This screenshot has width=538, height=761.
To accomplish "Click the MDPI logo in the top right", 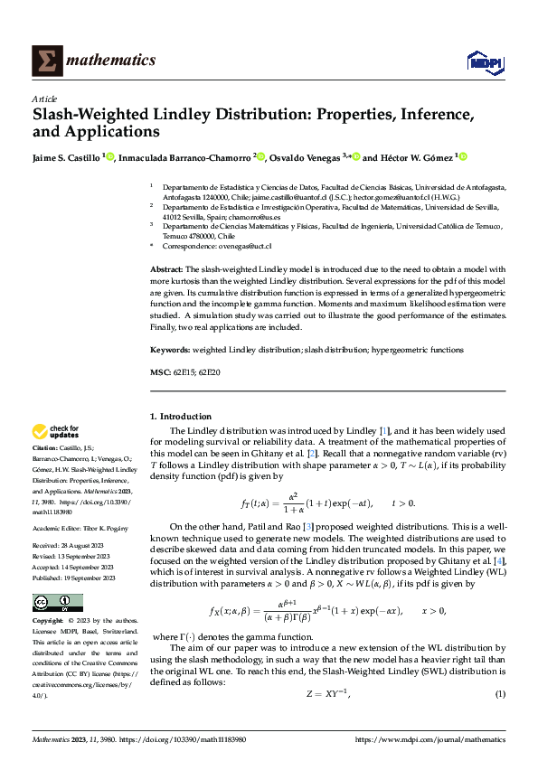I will tap(482, 61).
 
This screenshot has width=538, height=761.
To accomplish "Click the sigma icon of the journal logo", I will tap(44, 61).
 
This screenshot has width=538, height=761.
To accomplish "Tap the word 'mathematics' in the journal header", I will tap(111, 61).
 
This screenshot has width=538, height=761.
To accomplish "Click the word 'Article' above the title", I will tap(44, 99).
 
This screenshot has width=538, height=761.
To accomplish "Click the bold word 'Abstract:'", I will tap(166, 270).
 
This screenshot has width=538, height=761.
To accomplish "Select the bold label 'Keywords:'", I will tap(170, 349).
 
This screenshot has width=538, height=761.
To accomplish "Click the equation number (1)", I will tap(499, 693).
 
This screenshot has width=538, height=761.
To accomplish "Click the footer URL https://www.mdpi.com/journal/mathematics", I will tap(429, 740).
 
